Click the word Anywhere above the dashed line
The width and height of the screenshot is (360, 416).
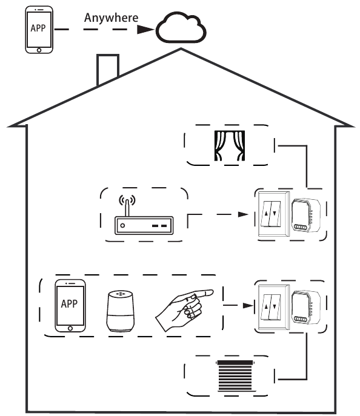(x=112, y=18)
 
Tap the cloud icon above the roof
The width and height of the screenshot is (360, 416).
(x=181, y=27)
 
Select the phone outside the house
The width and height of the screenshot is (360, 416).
(x=39, y=30)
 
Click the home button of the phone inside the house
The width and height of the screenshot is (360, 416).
(x=70, y=328)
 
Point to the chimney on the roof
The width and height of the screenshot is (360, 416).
(x=107, y=68)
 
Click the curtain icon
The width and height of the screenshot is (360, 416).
(x=230, y=146)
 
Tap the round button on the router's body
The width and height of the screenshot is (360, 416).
(x=122, y=225)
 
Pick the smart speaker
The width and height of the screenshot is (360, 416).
(x=120, y=311)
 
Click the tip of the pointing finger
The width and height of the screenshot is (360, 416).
(x=212, y=292)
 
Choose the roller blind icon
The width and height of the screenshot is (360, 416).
(x=236, y=375)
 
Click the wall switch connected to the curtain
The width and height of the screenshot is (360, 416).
(x=274, y=214)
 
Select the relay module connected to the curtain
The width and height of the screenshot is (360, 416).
(x=306, y=216)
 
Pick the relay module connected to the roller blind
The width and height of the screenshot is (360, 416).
(x=306, y=307)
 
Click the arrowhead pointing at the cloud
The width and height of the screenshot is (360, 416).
(x=145, y=30)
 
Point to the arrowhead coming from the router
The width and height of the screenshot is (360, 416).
(x=243, y=214)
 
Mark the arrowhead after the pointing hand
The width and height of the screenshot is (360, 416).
(x=248, y=306)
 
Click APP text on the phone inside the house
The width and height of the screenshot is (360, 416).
(x=69, y=304)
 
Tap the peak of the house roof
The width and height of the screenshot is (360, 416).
(x=181, y=49)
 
